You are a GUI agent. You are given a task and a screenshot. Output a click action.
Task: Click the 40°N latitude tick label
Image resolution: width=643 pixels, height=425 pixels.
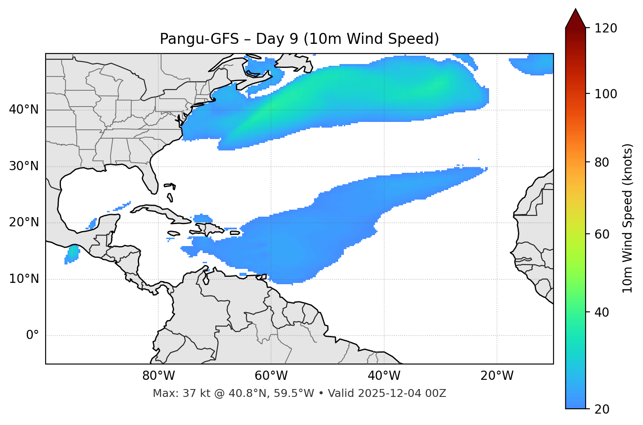click(24, 110)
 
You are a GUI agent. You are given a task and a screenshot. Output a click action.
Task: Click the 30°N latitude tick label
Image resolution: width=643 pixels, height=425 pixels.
click(24, 166)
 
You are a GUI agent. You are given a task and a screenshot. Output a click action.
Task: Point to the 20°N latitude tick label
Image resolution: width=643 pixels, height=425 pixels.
click(24, 222)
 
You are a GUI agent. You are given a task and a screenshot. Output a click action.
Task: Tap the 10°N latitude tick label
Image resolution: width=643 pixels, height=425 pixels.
click(24, 279)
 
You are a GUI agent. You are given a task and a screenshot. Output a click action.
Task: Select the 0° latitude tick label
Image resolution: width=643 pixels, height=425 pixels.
click(32, 336)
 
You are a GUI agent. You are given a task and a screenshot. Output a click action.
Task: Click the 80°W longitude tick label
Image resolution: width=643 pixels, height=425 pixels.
click(158, 376)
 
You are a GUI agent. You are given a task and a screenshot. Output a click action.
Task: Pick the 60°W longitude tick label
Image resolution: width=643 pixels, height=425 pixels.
click(271, 376)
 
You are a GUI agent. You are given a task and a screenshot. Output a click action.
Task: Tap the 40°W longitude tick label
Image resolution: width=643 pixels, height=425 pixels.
click(384, 376)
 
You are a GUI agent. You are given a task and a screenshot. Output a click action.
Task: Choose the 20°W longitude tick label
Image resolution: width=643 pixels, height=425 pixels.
click(497, 376)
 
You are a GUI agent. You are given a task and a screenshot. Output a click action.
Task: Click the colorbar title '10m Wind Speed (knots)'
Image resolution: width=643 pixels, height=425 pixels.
click(628, 218)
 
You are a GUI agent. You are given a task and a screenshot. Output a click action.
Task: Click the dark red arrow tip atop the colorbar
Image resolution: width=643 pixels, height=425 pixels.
click(575, 18)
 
